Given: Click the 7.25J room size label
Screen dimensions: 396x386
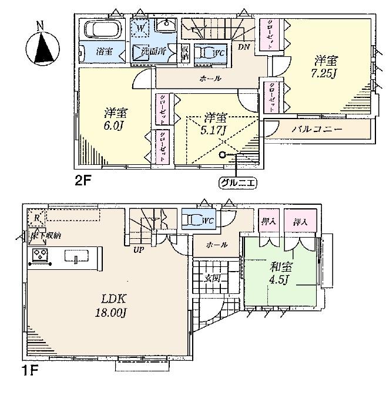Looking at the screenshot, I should coord(325,66).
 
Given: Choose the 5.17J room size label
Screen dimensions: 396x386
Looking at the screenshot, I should coord(215,124).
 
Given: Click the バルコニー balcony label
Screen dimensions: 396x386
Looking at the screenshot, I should coord(318,127).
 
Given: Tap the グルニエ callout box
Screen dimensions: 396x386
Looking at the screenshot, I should coord(239,182).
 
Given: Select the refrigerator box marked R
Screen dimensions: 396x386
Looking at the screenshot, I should coord(36,218).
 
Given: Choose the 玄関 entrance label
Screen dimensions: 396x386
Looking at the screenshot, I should coord(212,277).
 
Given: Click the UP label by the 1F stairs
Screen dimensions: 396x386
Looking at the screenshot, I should coord(139,249).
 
